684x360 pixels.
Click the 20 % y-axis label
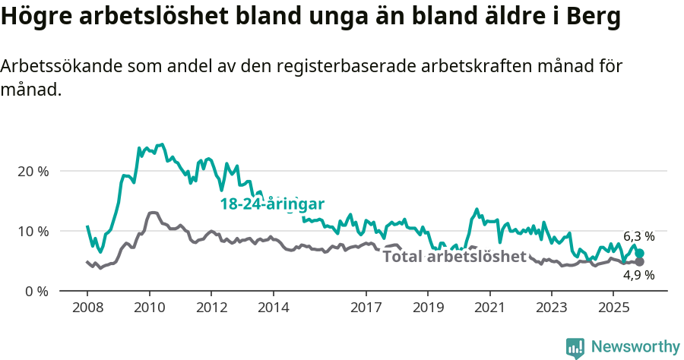tap(33, 172)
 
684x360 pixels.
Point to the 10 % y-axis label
tap(33, 232)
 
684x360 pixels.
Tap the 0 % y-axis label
tap(36, 292)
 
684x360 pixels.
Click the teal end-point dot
tap(639, 254)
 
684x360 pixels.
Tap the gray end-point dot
tap(639, 262)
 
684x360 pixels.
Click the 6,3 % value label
tap(639, 237)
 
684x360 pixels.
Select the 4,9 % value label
tap(639, 276)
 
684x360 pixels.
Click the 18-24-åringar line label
tap(272, 204)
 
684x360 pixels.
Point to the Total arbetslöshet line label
tap(454, 257)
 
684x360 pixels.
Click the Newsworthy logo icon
tap(575, 347)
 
